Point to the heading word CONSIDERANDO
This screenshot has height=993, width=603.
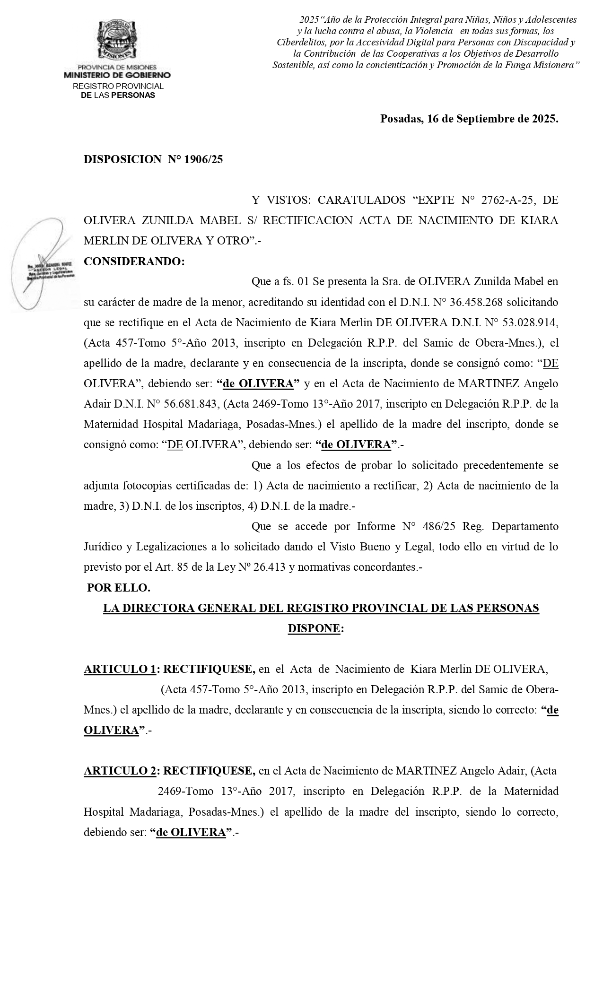pyautogui.click(x=134, y=261)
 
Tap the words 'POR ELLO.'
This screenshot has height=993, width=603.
pyautogui.click(x=119, y=588)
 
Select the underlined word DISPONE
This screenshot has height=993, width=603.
pyautogui.click(x=314, y=628)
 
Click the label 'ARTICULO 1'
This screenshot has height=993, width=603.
pyautogui.click(x=120, y=669)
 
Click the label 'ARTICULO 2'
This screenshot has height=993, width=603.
pyautogui.click(x=120, y=771)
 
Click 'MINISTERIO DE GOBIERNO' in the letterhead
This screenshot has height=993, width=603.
pyautogui.click(x=117, y=75)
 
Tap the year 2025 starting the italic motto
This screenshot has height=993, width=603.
pyautogui.click(x=310, y=20)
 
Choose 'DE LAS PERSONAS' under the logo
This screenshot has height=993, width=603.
pyautogui.click(x=118, y=96)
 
